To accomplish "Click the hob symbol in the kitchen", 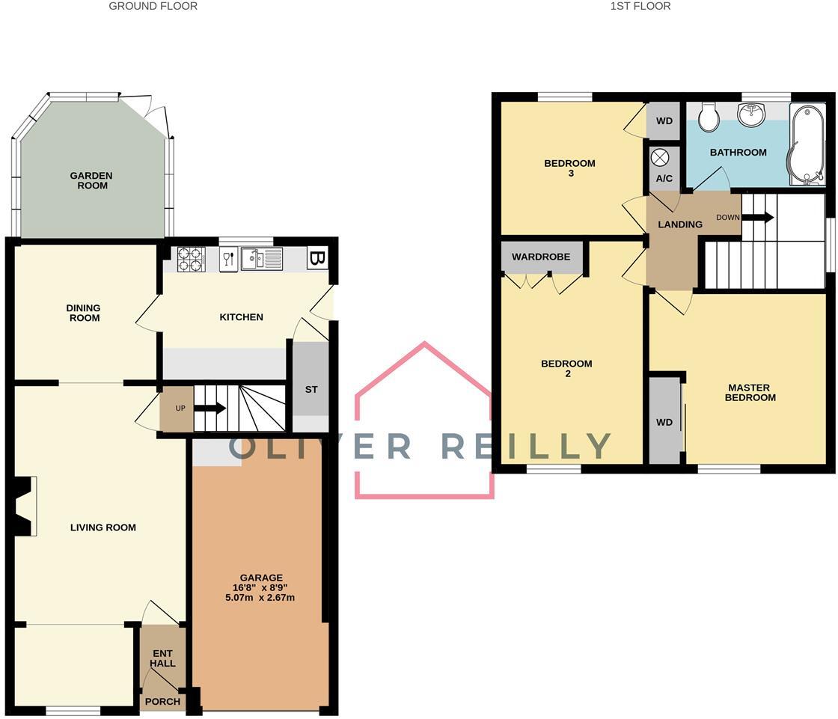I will tap(191, 258).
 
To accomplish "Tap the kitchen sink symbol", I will tap(261, 259).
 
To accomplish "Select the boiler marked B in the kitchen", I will tap(317, 259).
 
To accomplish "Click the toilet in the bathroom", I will tap(707, 116).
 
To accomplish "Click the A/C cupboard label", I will tap(664, 179).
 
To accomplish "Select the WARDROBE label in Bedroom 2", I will tap(541, 257).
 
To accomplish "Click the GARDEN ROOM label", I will tap(91, 180).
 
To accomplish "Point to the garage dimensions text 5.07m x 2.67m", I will tap(261, 598).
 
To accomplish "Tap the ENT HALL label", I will tap(162, 658).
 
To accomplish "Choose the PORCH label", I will tap(162, 702).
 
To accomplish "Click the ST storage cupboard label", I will tap(311, 390).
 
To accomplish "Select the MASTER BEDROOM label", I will tap(749, 392).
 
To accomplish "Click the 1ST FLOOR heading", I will tap(640, 6).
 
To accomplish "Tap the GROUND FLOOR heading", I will tap(153, 6).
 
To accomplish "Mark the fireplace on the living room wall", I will tap(24, 507).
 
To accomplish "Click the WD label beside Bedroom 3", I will tap(664, 120).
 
